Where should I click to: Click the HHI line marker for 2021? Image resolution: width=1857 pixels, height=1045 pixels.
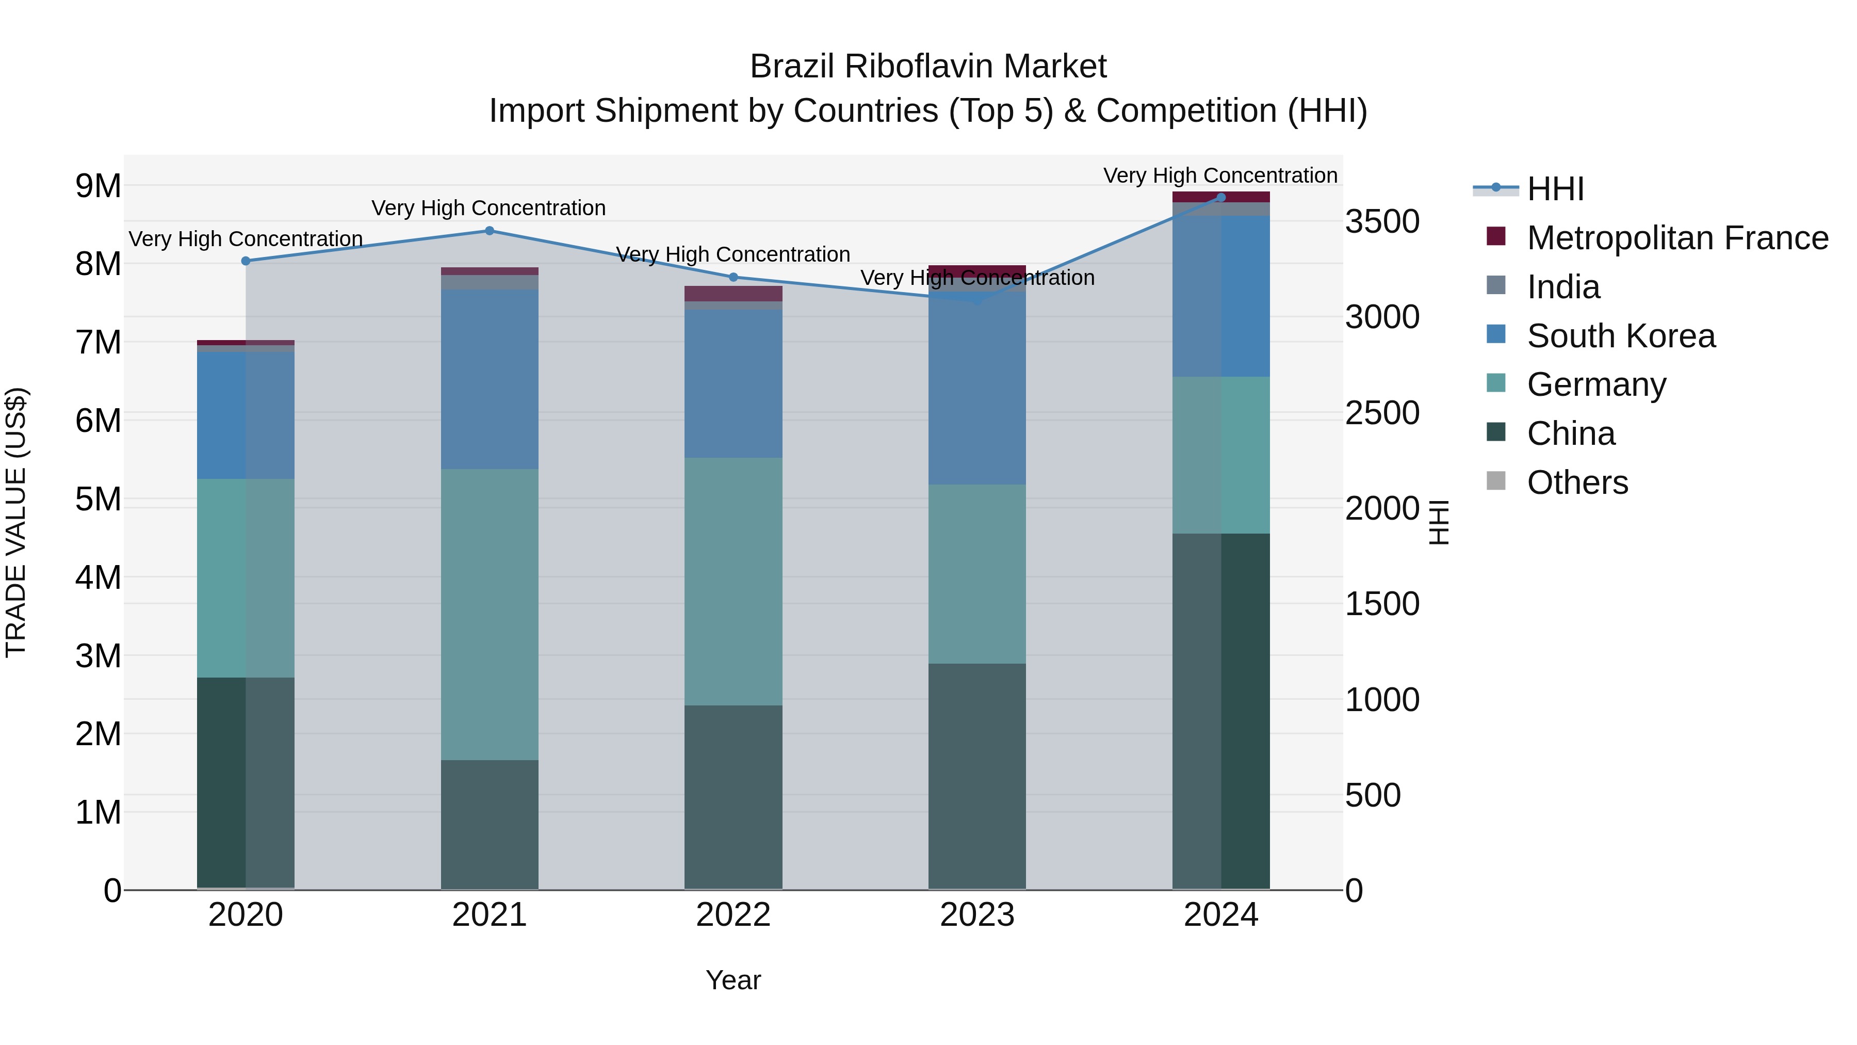490,231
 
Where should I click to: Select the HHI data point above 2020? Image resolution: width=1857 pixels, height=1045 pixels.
246,261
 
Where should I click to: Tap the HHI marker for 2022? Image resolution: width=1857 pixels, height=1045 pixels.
733,277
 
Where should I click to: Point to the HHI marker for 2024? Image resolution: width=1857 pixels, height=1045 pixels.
1221,197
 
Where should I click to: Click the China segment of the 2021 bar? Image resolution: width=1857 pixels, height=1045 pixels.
490,824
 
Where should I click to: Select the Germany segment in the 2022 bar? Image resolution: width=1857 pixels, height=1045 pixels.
733,581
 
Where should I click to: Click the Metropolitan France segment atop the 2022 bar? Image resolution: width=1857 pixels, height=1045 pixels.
733,294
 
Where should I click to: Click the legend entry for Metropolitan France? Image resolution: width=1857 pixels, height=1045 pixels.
1677,238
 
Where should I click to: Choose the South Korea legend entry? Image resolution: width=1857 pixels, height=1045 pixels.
1621,336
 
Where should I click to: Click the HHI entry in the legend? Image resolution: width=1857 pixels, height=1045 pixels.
1555,189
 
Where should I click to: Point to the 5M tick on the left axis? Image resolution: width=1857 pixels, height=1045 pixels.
99,499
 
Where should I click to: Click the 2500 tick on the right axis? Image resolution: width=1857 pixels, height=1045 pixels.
1382,413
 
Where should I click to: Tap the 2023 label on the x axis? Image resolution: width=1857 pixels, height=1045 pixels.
977,915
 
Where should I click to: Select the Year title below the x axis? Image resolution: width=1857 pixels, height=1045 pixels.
733,980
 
